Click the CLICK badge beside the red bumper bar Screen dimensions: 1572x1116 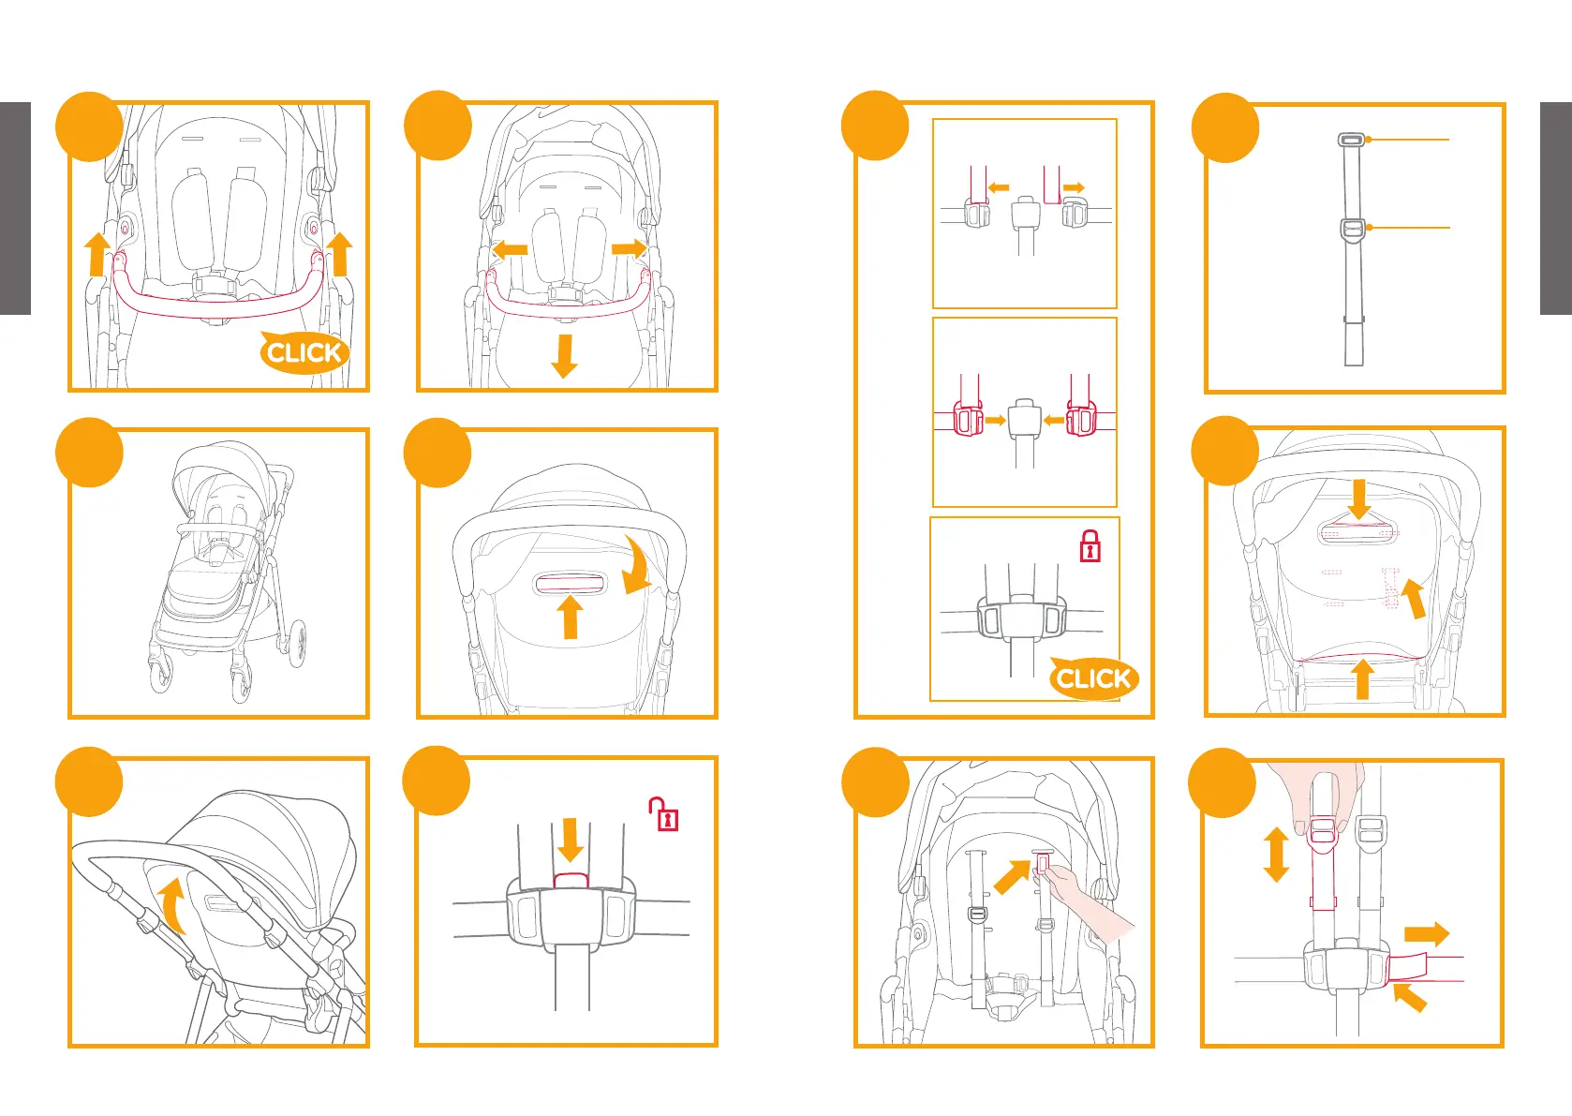(303, 352)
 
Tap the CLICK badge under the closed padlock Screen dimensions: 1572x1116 (1092, 677)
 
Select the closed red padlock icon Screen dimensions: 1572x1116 (1090, 546)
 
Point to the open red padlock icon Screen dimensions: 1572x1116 (664, 814)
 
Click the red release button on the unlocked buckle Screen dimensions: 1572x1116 (571, 880)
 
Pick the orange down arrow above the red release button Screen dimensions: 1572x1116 (570, 839)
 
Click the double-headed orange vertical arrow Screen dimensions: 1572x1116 (1275, 854)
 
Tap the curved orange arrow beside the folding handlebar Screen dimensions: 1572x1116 (172, 905)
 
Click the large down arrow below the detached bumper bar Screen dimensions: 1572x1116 (564, 355)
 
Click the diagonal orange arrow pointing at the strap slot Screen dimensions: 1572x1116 (1011, 878)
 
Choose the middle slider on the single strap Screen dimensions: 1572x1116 (1353, 228)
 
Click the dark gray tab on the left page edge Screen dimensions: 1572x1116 (15, 208)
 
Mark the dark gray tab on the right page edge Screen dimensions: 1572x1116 (1556, 208)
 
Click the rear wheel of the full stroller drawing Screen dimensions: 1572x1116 (298, 643)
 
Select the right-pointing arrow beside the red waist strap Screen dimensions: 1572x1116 (1426, 934)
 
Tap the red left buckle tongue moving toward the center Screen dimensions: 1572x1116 (968, 420)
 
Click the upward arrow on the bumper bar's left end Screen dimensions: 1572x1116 (97, 254)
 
